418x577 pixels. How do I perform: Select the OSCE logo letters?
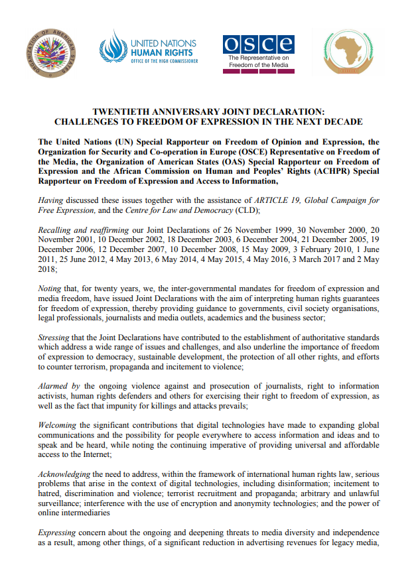point(259,44)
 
